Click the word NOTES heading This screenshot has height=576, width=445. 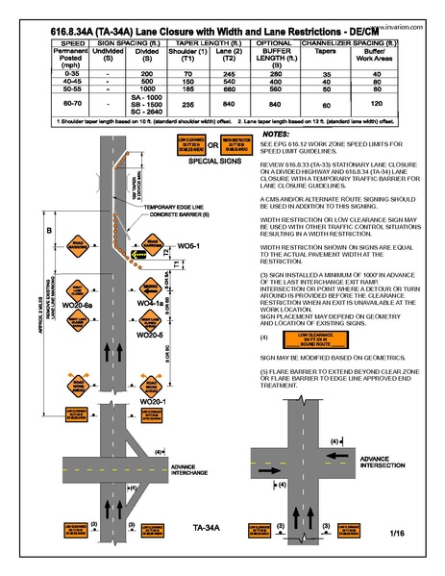pyautogui.click(x=276, y=136)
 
